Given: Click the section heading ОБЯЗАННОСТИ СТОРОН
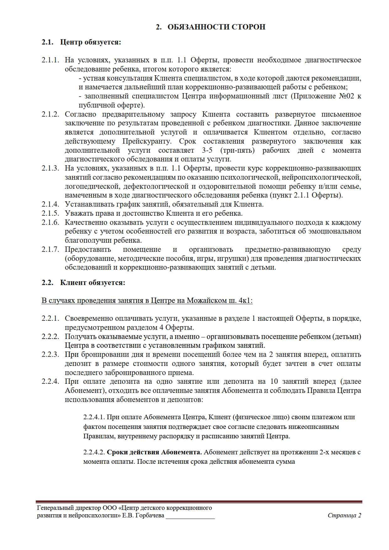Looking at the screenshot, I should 216,27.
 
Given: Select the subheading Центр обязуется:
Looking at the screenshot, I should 90,42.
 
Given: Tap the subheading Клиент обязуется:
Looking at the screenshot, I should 93,283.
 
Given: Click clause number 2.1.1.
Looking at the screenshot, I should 50,60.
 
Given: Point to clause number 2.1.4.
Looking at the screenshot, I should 50,204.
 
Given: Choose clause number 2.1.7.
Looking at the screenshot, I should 50,250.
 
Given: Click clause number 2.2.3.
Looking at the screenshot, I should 50,355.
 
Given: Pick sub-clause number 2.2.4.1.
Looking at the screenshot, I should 94,417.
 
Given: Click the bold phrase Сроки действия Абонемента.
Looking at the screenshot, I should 154,452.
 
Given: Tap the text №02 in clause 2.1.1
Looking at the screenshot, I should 346,96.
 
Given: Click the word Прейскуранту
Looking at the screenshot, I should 147,141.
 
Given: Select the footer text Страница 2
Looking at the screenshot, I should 344,516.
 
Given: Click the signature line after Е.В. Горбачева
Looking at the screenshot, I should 190,516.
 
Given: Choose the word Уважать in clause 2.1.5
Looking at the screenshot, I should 79,214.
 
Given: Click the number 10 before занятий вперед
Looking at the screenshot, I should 274,382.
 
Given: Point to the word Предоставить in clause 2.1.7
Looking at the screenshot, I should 88,250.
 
